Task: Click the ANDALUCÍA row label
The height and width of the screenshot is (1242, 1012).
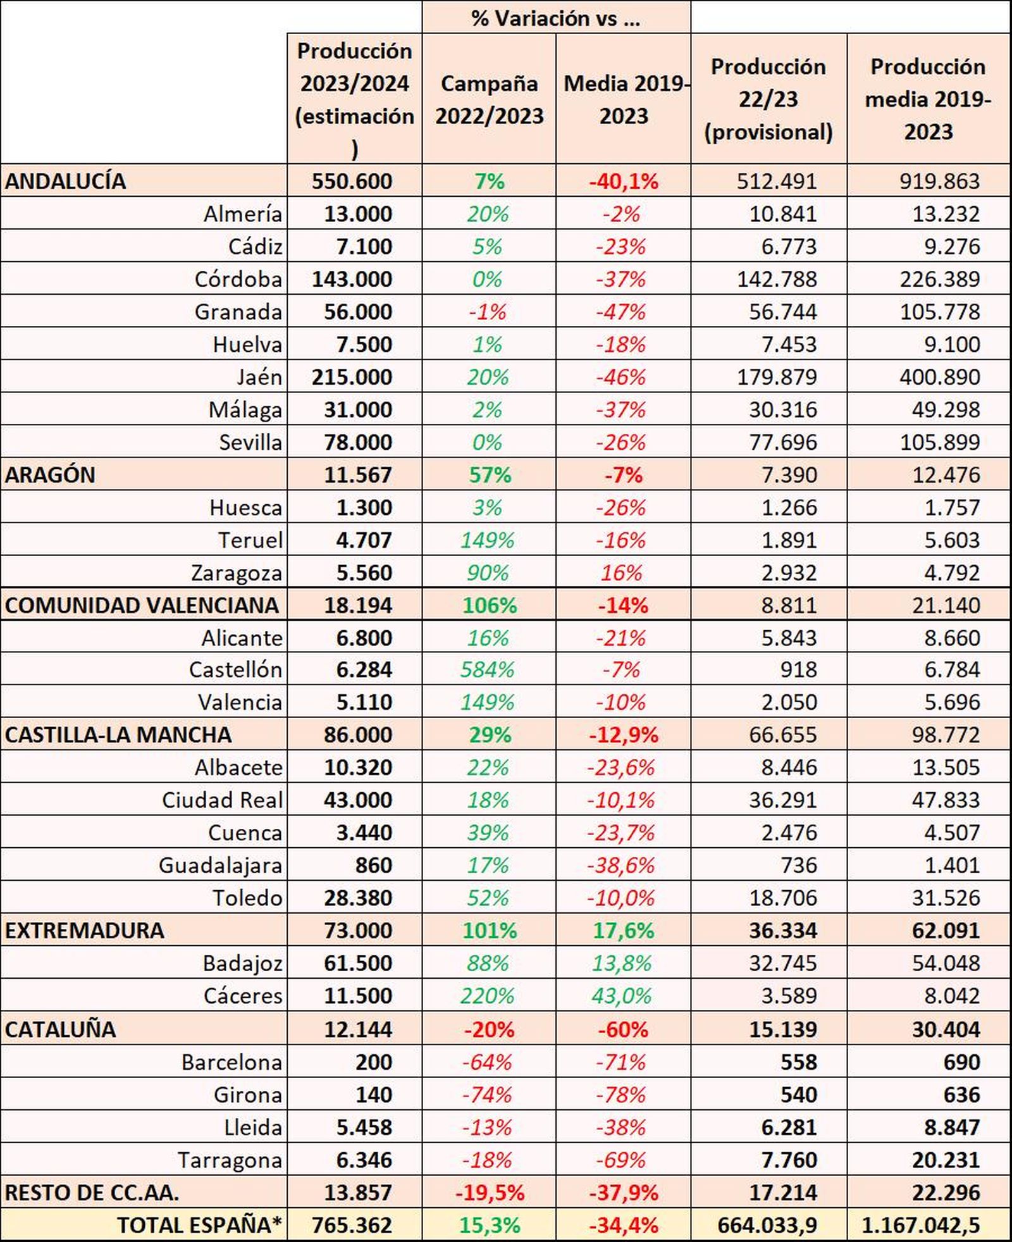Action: click(66, 181)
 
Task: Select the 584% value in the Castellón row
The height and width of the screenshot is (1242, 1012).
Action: click(488, 669)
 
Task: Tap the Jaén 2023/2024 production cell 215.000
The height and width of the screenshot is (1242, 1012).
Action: click(352, 377)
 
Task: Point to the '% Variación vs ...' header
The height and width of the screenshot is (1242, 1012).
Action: click(555, 18)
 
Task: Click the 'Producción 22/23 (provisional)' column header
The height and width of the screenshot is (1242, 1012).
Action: click(768, 99)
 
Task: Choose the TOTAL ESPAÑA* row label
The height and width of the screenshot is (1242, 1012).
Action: click(199, 1226)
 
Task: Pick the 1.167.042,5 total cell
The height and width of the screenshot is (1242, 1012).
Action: click(921, 1226)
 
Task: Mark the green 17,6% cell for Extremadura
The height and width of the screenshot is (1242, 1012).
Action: click(624, 931)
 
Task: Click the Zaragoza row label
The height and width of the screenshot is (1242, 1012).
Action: click(237, 573)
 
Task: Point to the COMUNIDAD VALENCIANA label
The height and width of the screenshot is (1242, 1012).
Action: click(142, 605)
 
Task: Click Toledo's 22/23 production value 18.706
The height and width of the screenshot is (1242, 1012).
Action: click(783, 898)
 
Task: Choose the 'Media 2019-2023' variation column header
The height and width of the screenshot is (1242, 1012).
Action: click(624, 99)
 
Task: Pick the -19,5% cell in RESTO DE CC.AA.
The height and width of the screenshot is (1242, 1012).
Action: click(490, 1193)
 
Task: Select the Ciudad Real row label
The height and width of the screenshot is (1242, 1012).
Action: click(222, 800)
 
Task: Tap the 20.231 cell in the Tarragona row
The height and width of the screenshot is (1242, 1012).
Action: click(946, 1160)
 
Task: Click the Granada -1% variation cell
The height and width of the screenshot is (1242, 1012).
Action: click(488, 312)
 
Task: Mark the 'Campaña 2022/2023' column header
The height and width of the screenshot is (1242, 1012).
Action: click(489, 99)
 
